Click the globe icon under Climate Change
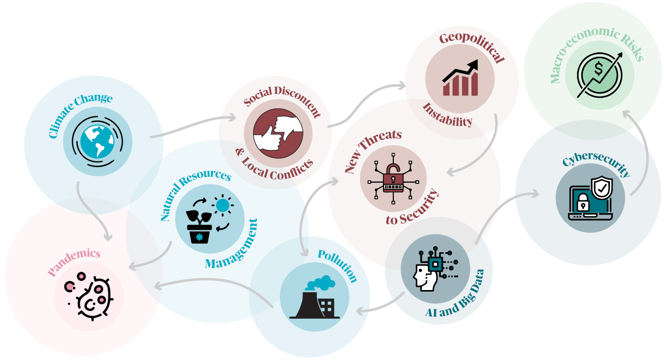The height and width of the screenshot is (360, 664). [97, 141]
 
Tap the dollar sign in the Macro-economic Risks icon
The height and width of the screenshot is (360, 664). [599, 69]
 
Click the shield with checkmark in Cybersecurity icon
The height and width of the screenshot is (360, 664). [602, 188]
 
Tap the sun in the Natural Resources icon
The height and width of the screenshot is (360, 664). [223, 205]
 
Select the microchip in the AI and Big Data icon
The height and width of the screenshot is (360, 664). [435, 263]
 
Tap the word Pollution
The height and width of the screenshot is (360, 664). [338, 265]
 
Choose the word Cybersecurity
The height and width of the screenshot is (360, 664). [597, 164]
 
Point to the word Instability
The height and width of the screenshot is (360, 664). [447, 116]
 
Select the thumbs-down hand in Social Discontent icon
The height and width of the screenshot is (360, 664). [288, 128]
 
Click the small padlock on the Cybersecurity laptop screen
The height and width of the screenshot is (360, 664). [583, 202]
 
